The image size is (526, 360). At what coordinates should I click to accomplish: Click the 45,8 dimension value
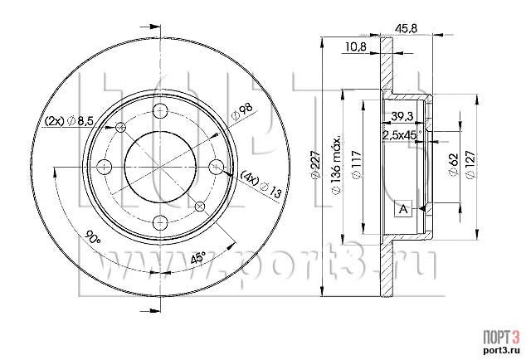pos(406,28)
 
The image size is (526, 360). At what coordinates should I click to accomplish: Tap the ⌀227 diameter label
pos(314,165)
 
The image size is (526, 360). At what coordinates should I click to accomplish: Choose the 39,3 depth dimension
pos(403,116)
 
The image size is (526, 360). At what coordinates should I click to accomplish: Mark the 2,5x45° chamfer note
pos(402,135)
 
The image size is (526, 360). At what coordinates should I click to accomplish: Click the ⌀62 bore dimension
pos(453,164)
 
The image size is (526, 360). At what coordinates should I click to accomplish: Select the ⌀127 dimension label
pos(470,165)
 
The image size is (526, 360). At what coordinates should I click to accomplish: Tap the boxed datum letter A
pos(403,209)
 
